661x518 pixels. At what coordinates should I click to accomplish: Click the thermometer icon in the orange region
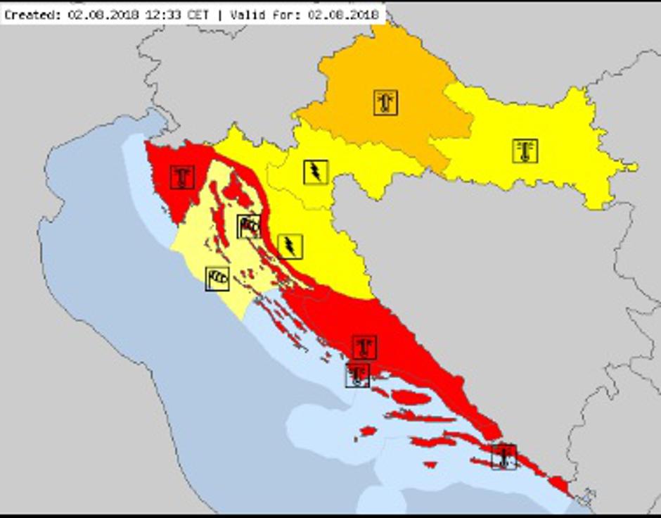tap(385, 103)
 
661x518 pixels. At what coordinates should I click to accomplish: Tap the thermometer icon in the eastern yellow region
tap(525, 151)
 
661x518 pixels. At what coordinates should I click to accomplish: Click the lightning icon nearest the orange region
tap(316, 172)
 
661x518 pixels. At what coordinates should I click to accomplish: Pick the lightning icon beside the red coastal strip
tap(289, 246)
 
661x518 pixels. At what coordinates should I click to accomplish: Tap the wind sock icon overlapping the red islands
tap(249, 226)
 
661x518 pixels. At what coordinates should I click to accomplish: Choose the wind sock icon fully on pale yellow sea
tap(217, 279)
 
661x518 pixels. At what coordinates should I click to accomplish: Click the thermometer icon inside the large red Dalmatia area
tap(364, 347)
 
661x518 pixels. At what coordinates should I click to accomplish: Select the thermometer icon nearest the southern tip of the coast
tap(503, 457)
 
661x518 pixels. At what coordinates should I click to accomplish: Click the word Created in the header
tap(31, 14)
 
